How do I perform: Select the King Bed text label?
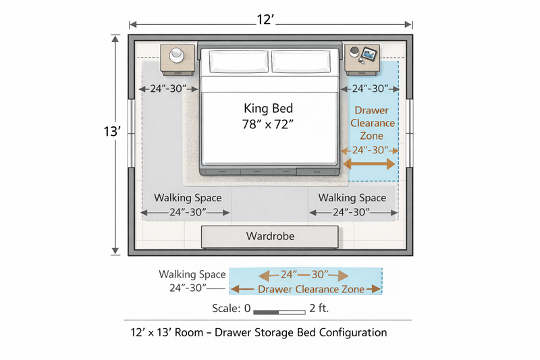point(269,109)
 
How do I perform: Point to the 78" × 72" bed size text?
point(269,124)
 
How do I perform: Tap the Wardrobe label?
point(270,236)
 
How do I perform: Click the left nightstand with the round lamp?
point(178,59)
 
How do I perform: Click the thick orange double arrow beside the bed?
point(369,164)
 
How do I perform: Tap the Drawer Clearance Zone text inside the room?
point(372,124)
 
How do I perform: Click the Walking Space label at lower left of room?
point(187,198)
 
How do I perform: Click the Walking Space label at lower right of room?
point(352,198)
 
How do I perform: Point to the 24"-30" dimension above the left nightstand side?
point(168,88)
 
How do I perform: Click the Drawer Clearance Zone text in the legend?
point(311,289)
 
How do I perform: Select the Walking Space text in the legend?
point(192,274)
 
